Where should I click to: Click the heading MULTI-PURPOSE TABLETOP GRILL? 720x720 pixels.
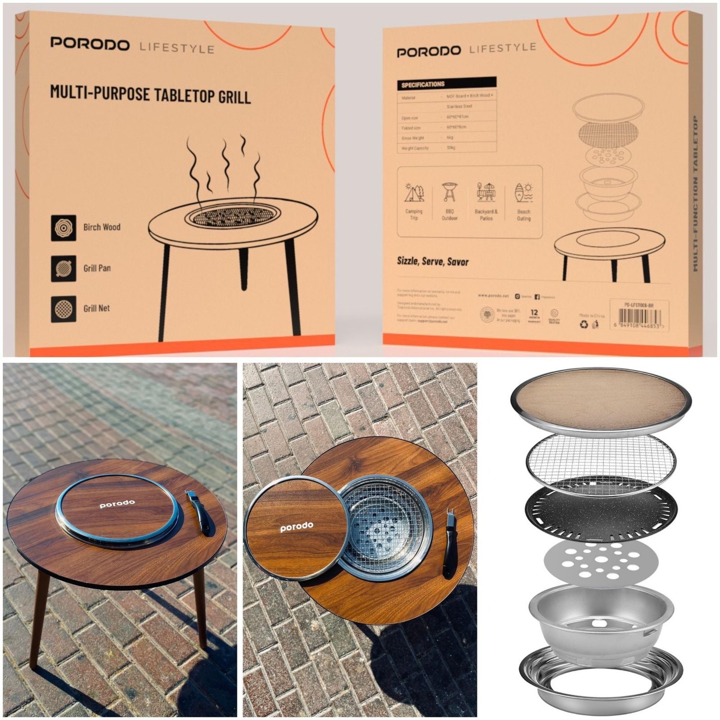(150, 94)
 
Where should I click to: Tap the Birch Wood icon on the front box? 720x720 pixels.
(63, 228)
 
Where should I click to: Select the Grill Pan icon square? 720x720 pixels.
(63, 269)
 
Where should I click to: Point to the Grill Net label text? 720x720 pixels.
(96, 309)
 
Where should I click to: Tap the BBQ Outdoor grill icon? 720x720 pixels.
(449, 192)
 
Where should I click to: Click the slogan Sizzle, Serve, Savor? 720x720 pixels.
(432, 261)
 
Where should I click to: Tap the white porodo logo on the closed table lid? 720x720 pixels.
(117, 504)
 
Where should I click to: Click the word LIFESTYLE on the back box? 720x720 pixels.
(502, 48)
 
